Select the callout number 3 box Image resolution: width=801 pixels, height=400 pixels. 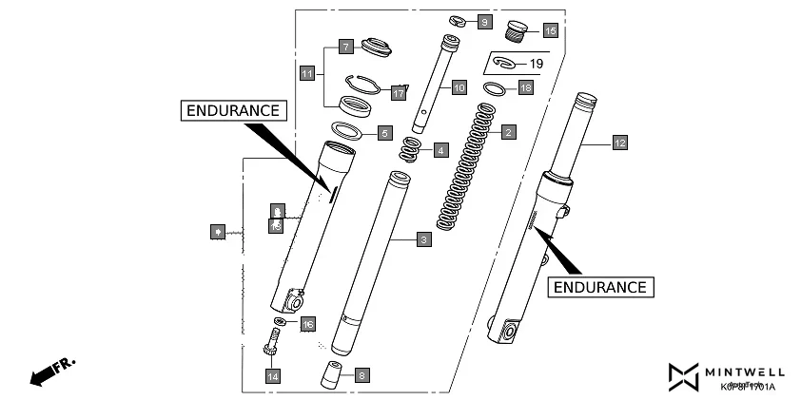click(423, 240)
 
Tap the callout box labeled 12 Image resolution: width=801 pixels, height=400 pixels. click(619, 143)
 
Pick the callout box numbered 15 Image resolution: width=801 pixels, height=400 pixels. click(550, 30)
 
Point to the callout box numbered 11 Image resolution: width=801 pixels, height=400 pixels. click(306, 73)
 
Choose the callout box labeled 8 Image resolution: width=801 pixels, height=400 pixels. click(361, 375)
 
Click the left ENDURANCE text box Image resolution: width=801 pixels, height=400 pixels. click(233, 110)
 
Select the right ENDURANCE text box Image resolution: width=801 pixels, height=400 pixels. click(600, 286)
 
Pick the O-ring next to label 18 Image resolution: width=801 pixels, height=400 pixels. click(495, 88)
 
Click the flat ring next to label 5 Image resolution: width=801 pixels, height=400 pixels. click(348, 130)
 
